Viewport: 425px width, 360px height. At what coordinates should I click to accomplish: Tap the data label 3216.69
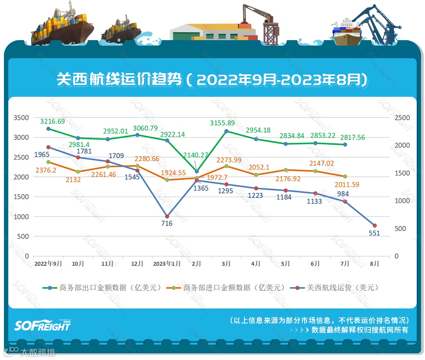(52, 121)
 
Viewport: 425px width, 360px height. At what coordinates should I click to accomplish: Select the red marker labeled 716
(167, 216)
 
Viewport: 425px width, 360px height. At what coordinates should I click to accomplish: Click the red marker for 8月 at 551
(375, 225)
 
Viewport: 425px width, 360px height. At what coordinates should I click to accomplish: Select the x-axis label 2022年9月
(48, 264)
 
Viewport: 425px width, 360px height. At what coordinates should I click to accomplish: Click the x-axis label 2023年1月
(167, 264)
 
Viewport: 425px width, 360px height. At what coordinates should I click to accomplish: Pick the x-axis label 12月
(137, 264)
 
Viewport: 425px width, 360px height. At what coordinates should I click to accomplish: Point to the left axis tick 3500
(21, 118)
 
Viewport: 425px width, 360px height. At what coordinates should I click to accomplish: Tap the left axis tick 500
(24, 236)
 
